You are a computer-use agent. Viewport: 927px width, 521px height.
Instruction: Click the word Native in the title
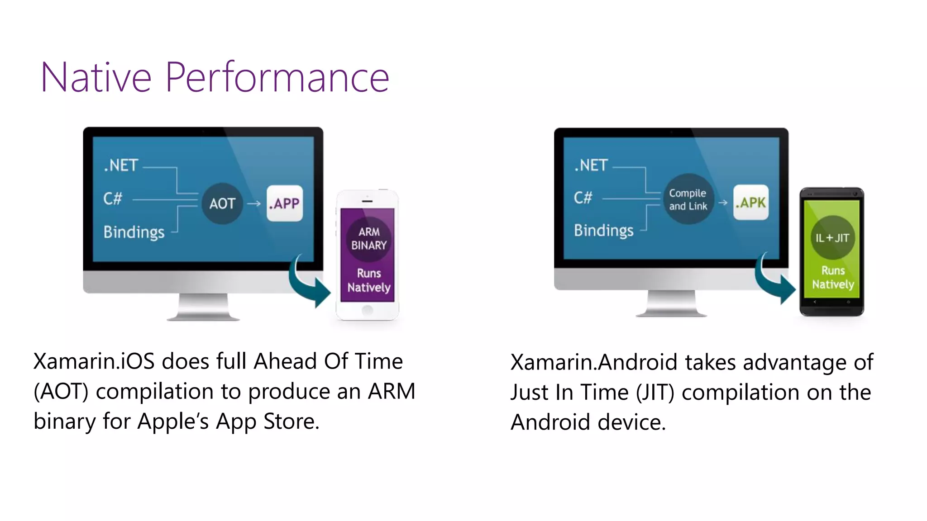[x=96, y=78]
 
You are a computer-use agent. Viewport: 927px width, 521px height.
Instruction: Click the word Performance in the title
[x=277, y=78]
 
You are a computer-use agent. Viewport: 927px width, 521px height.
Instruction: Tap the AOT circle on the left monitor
[x=222, y=204]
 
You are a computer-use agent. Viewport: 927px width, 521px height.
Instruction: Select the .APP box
[x=284, y=204]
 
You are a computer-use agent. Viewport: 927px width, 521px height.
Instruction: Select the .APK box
[x=750, y=202]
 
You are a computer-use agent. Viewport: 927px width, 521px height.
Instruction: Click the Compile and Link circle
[x=688, y=199]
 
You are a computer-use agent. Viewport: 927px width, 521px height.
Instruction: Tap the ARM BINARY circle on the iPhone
[x=369, y=238]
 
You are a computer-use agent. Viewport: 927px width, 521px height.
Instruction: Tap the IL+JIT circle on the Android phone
[x=832, y=238]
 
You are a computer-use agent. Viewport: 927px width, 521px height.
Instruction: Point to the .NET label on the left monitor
[x=121, y=166]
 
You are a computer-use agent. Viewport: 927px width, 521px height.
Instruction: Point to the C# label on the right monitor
[x=583, y=198]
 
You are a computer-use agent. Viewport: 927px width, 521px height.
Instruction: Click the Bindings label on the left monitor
[x=134, y=232]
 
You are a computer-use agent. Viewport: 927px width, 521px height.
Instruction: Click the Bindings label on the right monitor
[x=604, y=231]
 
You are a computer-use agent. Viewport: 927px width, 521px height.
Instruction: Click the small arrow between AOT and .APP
[x=254, y=204]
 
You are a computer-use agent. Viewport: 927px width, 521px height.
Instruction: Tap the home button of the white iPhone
[x=368, y=310]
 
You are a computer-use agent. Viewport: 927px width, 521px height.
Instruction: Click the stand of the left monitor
[x=203, y=308]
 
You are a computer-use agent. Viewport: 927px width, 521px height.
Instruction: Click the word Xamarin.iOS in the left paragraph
[x=94, y=362]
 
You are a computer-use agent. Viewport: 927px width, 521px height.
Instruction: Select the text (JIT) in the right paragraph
[x=655, y=393]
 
